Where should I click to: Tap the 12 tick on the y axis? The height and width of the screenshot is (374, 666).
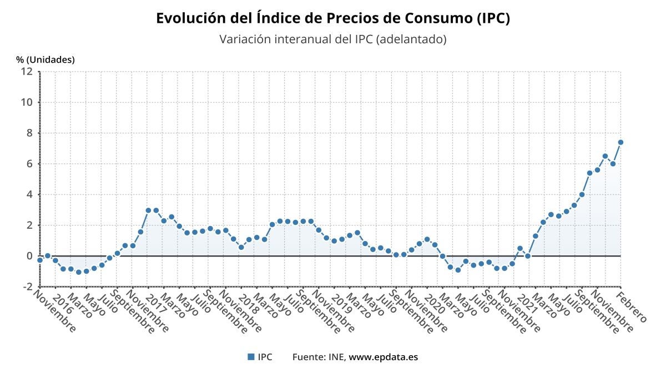pos(27,71)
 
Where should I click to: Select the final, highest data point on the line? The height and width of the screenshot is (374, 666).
pos(620,142)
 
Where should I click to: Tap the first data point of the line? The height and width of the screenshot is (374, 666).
pos(40,260)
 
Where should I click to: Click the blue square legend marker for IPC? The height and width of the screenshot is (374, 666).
pos(251,357)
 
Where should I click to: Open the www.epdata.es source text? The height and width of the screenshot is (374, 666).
pos(383,357)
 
